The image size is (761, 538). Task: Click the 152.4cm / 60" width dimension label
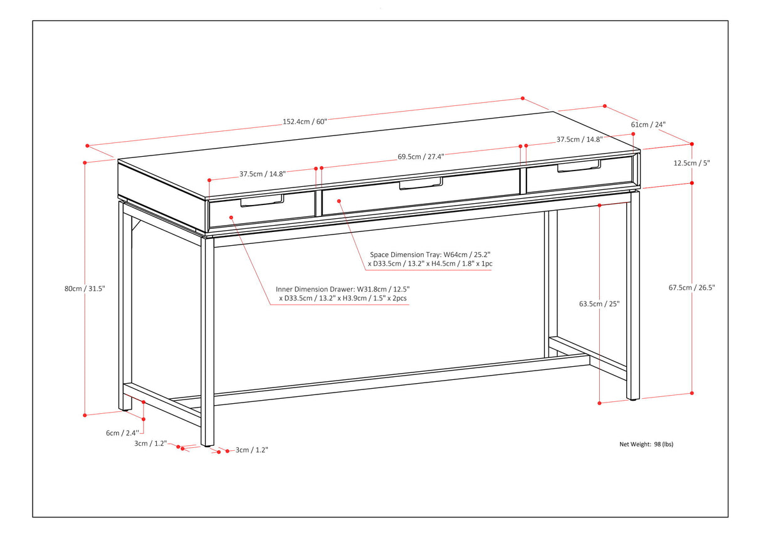coord(305,122)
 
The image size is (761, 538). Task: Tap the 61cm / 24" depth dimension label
coord(648,124)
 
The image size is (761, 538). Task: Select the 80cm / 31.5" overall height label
coord(84,288)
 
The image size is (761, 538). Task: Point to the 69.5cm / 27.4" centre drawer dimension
coord(421,157)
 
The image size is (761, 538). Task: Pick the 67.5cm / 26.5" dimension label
coord(691,288)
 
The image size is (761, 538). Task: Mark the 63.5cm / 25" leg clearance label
coord(599,303)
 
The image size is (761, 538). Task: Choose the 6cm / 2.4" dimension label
coord(121,433)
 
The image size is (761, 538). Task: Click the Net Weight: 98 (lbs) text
coord(646,444)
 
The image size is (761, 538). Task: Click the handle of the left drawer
coord(262,201)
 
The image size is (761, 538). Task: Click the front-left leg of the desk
coord(207,339)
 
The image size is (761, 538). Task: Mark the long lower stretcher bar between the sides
coord(401,379)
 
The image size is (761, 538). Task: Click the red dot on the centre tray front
coord(339,201)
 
